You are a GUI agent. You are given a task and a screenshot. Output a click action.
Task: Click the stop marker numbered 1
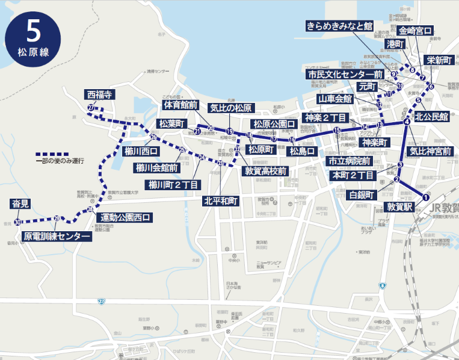point(425,197)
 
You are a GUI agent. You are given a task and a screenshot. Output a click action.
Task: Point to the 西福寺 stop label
point(100,95)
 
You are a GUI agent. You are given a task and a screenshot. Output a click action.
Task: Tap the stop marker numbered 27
point(90,108)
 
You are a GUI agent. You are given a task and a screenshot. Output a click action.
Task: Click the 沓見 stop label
point(20,203)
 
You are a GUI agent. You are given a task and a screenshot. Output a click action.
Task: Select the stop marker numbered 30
point(18,222)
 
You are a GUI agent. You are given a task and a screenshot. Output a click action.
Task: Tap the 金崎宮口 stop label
point(416,30)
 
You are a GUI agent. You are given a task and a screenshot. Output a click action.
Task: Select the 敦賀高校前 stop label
point(265,171)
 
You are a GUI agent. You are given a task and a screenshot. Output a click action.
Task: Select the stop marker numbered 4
point(407,122)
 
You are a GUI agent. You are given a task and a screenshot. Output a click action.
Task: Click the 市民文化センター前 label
point(345,74)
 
